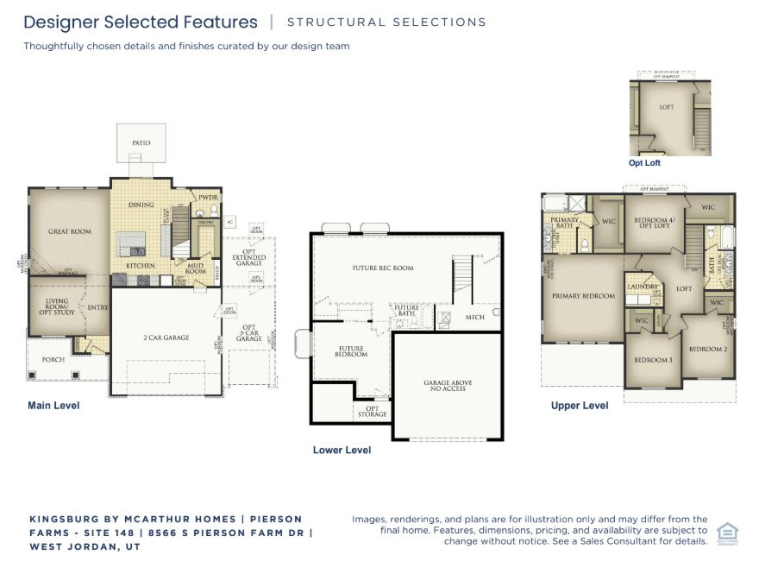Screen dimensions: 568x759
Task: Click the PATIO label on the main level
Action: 141,142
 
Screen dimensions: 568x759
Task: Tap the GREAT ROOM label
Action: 69,231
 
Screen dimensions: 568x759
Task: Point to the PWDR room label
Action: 209,198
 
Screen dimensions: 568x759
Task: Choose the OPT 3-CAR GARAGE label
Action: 249,332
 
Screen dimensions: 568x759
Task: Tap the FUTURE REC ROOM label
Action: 382,268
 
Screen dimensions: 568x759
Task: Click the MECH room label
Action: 474,317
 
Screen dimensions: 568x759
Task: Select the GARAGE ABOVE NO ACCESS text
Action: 448,385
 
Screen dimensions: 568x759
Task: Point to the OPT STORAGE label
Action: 373,412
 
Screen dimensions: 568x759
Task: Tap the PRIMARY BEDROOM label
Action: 583,296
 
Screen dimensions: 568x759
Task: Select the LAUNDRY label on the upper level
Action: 643,287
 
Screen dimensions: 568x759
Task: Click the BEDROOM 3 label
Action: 653,359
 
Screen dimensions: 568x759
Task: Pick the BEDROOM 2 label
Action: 707,349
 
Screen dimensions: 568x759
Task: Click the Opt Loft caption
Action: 645,162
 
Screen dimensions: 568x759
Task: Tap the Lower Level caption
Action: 342,450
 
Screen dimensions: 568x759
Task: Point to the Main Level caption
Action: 53,405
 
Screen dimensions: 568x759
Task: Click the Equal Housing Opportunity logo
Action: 727,533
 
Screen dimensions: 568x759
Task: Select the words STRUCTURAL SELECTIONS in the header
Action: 386,22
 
